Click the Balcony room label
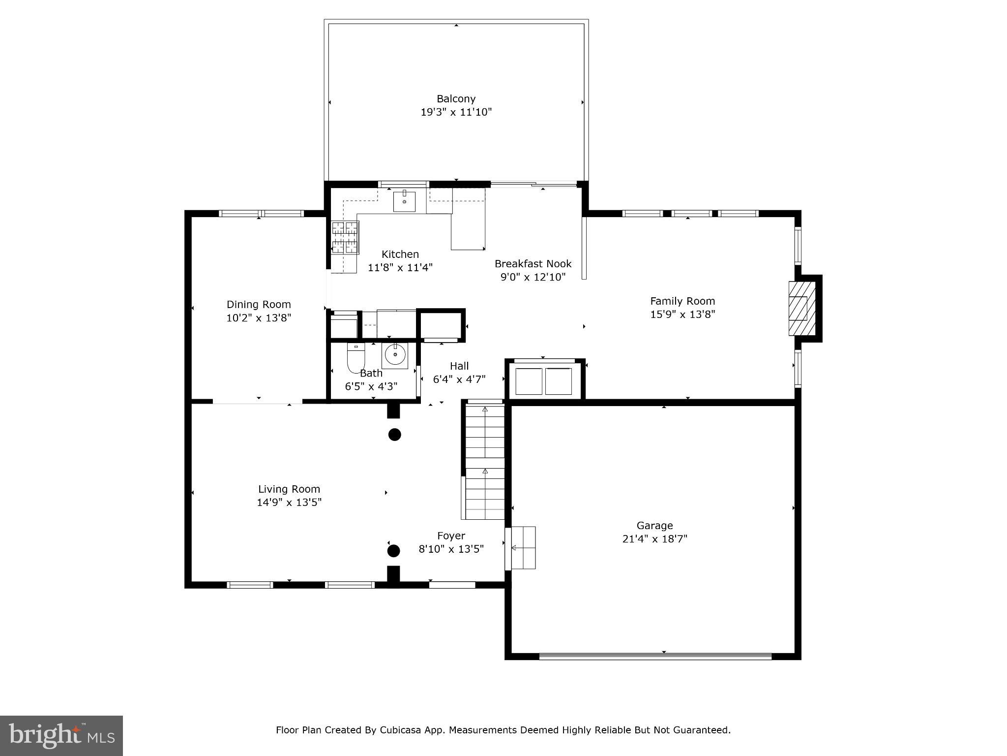(456, 99)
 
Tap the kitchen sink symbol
(404, 201)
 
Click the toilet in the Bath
(355, 358)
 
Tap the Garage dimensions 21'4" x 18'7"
(654, 539)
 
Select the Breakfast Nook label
(533, 264)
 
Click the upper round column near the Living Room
(395, 435)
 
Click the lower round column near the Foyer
(393, 551)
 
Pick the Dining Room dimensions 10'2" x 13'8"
(259, 318)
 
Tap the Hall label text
(459, 366)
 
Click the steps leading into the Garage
(523, 548)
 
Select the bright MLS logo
(61, 735)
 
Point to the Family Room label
(682, 301)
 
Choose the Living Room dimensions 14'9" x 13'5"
(289, 503)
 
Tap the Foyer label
(451, 536)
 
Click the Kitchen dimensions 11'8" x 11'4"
(400, 268)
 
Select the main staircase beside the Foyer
(485, 460)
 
